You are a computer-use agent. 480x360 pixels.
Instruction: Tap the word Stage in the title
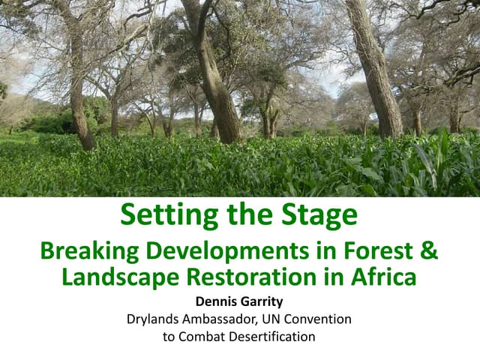tap(318, 216)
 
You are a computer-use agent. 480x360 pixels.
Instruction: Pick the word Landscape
tap(118, 277)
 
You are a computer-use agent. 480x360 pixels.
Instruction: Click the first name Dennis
tap(216, 303)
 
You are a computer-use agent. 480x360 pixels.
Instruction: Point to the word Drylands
tap(156, 320)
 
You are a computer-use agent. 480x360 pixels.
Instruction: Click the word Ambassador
tap(227, 320)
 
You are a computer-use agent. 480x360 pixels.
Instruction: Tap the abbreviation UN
tap(283, 320)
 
